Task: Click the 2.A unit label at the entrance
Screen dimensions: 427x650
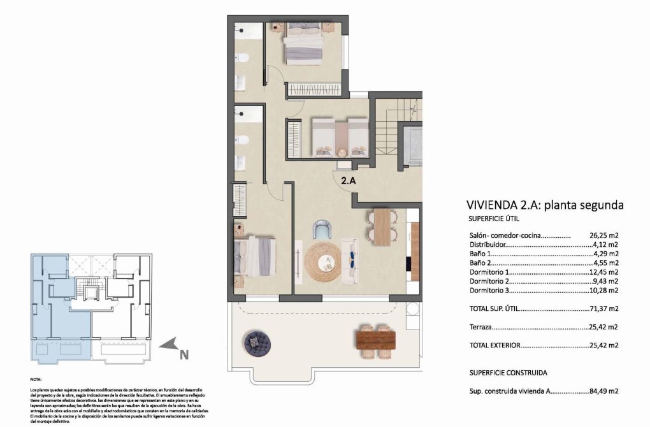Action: (x=348, y=180)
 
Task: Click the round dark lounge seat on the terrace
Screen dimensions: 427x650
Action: (x=257, y=344)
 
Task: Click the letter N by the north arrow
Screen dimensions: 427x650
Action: (x=184, y=356)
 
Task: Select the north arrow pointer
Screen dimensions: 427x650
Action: (x=168, y=345)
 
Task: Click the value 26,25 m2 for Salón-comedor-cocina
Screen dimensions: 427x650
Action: (x=604, y=235)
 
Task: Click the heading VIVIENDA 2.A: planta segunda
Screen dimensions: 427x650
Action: (x=544, y=205)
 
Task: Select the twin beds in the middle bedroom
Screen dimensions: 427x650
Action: (x=340, y=136)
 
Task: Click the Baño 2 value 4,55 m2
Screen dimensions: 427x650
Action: (x=604, y=263)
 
